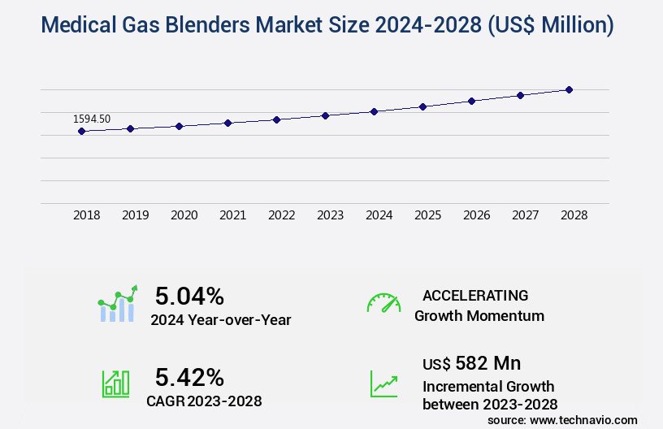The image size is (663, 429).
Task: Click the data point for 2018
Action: pyautogui.click(x=81, y=131)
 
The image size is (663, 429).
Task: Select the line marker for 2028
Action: pyautogui.click(x=569, y=89)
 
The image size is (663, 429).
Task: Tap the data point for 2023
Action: pyautogui.click(x=325, y=115)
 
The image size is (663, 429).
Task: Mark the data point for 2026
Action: pyautogui.click(x=471, y=101)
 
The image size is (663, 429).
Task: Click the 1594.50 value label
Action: pyautogui.click(x=92, y=119)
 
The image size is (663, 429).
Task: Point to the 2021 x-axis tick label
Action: pyautogui.click(x=232, y=215)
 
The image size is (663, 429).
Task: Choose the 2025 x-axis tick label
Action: pyautogui.click(x=427, y=215)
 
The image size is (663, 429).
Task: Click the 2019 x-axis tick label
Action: pyautogui.click(x=135, y=215)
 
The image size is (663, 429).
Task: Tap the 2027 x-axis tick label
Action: pyautogui.click(x=525, y=215)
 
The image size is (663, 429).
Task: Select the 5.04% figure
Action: pyautogui.click(x=189, y=296)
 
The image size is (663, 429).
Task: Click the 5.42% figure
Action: pyautogui.click(x=189, y=377)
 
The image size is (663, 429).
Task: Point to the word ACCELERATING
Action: pyautogui.click(x=475, y=295)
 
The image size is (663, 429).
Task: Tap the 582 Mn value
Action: pyautogui.click(x=488, y=362)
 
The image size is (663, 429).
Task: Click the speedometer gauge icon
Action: pyautogui.click(x=383, y=303)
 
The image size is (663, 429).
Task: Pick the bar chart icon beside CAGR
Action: pyautogui.click(x=115, y=383)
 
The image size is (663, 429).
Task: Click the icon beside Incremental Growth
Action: pyautogui.click(x=383, y=383)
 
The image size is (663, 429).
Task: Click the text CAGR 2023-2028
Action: pyautogui.click(x=204, y=401)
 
